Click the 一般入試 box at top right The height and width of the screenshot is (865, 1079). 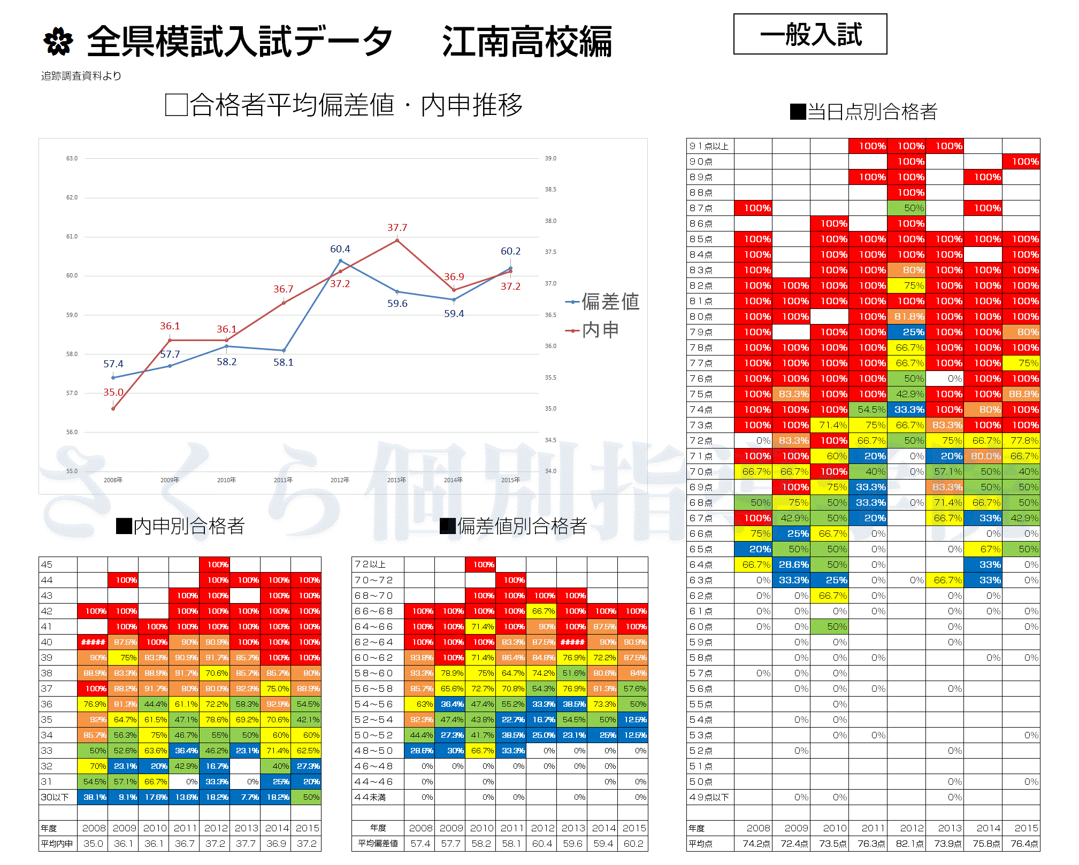click(810, 34)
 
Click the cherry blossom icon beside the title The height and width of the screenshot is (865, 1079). click(58, 42)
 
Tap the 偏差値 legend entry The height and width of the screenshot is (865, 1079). click(603, 302)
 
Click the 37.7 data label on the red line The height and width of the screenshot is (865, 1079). click(397, 228)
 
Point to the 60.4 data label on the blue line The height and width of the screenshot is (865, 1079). click(340, 249)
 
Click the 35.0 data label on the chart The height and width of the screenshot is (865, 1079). click(113, 392)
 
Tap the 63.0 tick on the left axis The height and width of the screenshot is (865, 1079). click(72, 158)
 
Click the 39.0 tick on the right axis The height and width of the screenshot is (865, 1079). click(550, 158)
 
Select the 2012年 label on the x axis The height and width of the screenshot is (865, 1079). click(340, 480)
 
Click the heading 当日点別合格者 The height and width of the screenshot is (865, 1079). click(863, 112)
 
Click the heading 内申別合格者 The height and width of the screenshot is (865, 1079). click(180, 526)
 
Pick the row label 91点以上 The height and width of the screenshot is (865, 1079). click(709, 146)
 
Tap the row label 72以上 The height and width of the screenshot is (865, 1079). click(370, 565)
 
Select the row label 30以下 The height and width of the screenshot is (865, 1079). click(55, 797)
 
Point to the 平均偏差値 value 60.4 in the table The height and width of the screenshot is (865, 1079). click(541, 844)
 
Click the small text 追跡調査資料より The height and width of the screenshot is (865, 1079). click(81, 76)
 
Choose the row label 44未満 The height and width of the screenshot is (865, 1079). click(370, 797)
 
